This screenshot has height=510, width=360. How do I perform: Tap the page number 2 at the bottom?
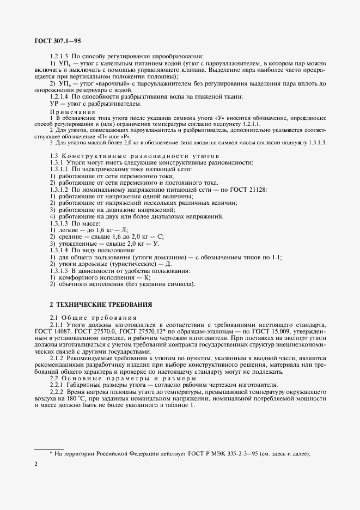pyautogui.click(x=35, y=463)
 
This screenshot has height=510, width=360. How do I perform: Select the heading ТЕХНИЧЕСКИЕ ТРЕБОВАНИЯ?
pyautogui.click(x=98, y=303)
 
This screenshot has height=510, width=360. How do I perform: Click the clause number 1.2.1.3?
pyautogui.click(x=60, y=57)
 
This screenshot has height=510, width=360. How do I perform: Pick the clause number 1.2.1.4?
pyautogui.click(x=60, y=96)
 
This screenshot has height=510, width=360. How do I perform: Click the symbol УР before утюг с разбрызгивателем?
pyautogui.click(x=54, y=103)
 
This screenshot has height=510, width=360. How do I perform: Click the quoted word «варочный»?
pyautogui.click(x=111, y=83)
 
